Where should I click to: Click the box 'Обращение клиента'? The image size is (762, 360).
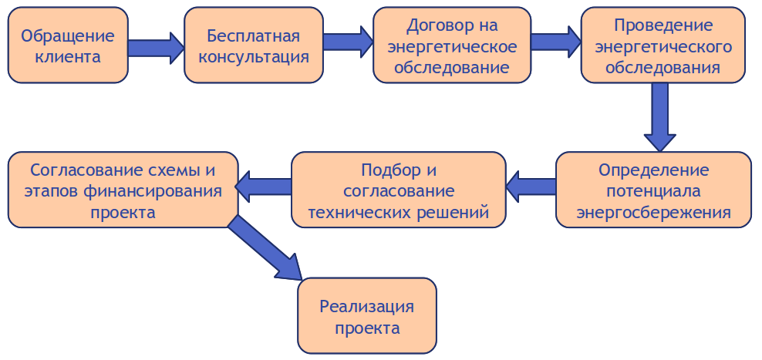[68, 45]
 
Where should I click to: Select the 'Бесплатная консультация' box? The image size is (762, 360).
[254, 45]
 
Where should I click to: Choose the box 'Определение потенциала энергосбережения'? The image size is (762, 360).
[653, 190]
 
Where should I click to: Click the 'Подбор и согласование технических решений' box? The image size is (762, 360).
[398, 190]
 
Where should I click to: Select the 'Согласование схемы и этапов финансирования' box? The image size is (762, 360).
[123, 190]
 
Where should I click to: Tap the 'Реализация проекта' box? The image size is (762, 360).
[367, 316]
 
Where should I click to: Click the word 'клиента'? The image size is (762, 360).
[68, 56]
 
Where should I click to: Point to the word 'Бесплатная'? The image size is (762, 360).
[254, 35]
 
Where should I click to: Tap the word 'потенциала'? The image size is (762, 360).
[653, 190]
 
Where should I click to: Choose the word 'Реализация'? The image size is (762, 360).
[367, 306]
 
